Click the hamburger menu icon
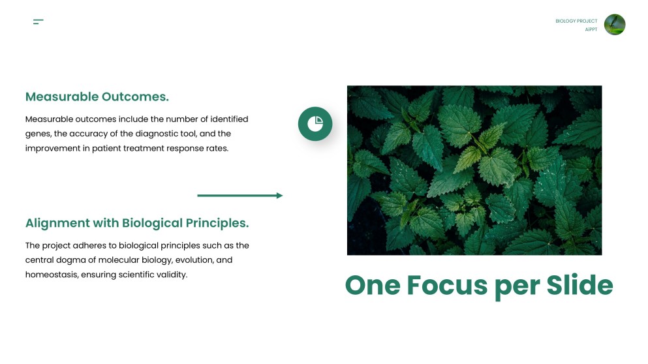38,22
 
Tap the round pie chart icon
315,123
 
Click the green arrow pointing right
239,195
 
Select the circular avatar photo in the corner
615,25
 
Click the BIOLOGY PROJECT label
576,21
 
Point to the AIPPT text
591,29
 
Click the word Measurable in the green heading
61,97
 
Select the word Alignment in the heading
57,223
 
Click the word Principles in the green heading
217,223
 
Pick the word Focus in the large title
446,285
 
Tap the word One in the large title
372,285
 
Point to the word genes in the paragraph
37,134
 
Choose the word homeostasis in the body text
50,275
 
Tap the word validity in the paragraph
172,275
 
